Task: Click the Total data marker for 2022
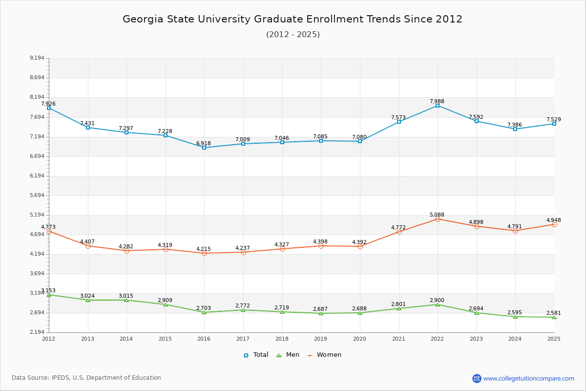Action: click(x=438, y=106)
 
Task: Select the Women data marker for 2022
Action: click(x=438, y=219)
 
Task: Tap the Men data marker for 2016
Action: click(x=204, y=312)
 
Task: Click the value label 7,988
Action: click(x=437, y=101)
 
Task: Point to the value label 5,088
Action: click(x=437, y=215)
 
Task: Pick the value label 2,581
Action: click(x=554, y=313)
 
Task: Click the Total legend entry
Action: click(x=256, y=355)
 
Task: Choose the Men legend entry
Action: click(x=288, y=355)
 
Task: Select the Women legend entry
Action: click(x=324, y=355)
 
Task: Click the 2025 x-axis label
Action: click(x=554, y=339)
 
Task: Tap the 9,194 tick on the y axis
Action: click(x=37, y=58)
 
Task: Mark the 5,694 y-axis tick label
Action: click(x=37, y=195)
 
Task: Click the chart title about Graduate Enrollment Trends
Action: click(x=293, y=19)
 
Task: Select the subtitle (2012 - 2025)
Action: click(x=293, y=34)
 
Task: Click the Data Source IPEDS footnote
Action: click(x=86, y=378)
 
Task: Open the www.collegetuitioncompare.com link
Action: click(x=528, y=378)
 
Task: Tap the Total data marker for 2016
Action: click(x=204, y=148)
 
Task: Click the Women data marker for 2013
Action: click(x=88, y=246)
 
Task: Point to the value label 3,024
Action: click(x=87, y=296)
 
